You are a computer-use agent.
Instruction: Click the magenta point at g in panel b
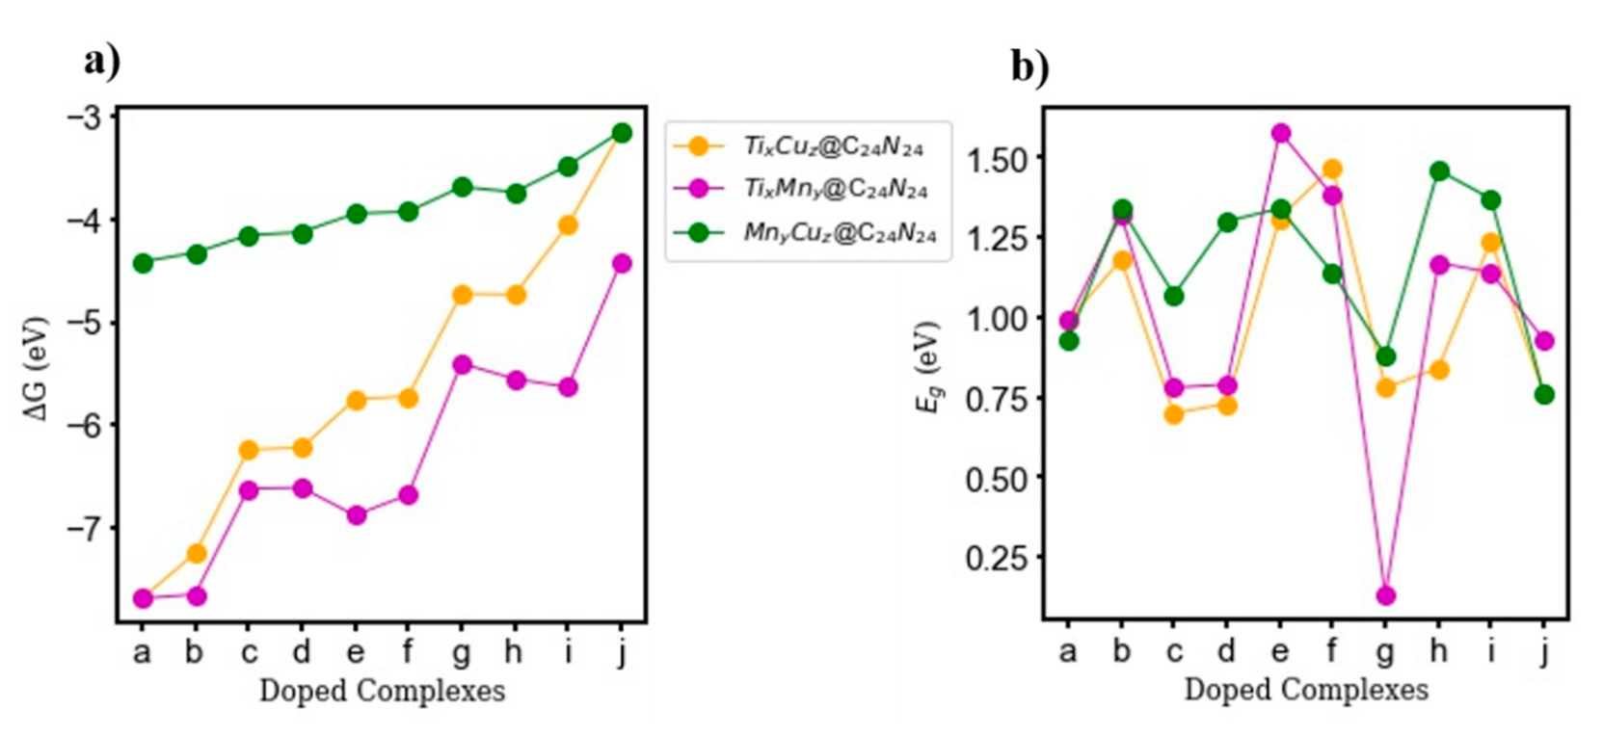pyautogui.click(x=1385, y=595)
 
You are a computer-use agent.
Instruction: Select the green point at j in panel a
pyautogui.click(x=622, y=133)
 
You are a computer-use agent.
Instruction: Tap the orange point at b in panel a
pyautogui.click(x=197, y=553)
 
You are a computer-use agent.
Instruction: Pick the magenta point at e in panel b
pyautogui.click(x=1280, y=133)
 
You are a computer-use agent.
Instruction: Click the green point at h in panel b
pyautogui.click(x=1439, y=171)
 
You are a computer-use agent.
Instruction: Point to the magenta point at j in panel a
pyautogui.click(x=622, y=263)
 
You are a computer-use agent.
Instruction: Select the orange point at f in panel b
pyautogui.click(x=1332, y=170)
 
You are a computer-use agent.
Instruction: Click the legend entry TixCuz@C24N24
pyautogui.click(x=832, y=146)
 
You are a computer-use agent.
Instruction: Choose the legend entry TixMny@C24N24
pyautogui.click(x=834, y=188)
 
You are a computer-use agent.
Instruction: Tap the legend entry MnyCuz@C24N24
pyautogui.click(x=839, y=232)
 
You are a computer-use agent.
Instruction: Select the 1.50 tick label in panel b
pyautogui.click(x=997, y=158)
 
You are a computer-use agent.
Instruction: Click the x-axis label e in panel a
pyautogui.click(x=355, y=652)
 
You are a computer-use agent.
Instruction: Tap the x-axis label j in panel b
pyautogui.click(x=1544, y=652)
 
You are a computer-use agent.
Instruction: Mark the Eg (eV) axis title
pyautogui.click(x=927, y=367)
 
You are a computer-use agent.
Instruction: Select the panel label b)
pyautogui.click(x=1029, y=66)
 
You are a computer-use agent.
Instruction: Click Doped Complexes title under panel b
pyautogui.click(x=1305, y=690)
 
